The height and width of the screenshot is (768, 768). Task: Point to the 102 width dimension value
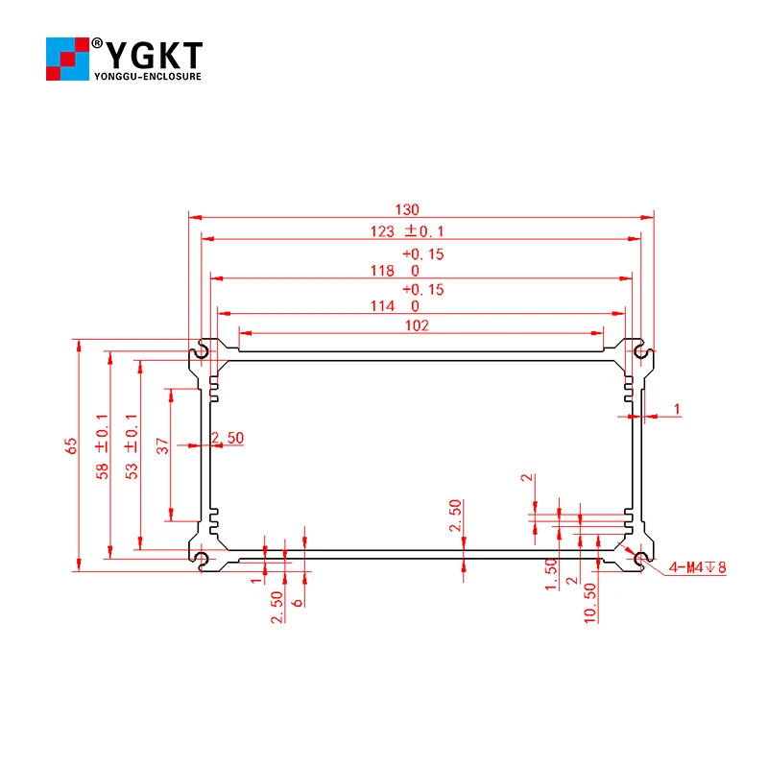(416, 325)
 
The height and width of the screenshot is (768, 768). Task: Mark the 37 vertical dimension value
(162, 445)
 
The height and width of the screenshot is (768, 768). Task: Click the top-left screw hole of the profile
(201, 350)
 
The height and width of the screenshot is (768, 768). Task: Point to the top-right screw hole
(640, 350)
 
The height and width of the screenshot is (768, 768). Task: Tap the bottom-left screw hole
(201, 560)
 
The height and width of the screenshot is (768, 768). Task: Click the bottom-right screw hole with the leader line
(640, 560)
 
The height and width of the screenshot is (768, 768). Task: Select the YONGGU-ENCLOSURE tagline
(147, 76)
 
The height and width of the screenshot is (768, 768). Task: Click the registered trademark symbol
(98, 42)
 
